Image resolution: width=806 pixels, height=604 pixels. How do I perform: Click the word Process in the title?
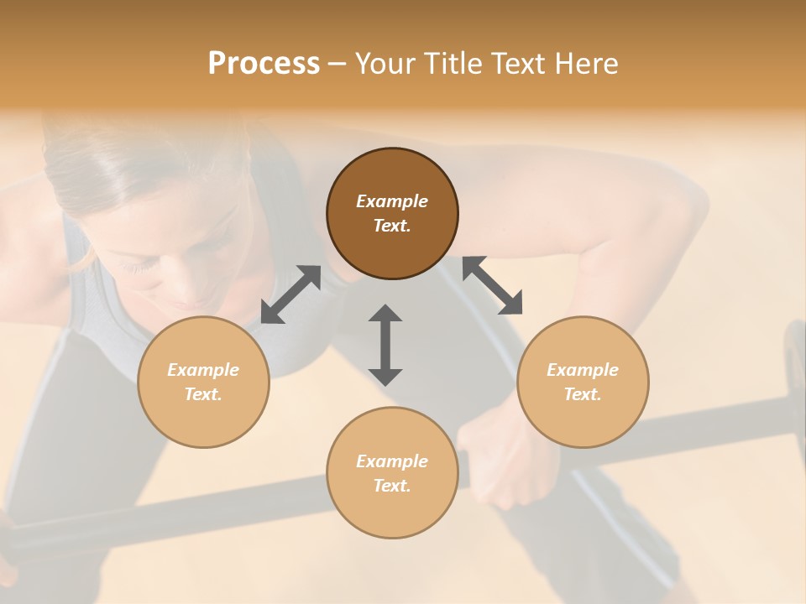[x=264, y=64]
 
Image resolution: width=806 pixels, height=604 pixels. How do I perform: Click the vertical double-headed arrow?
[x=385, y=345]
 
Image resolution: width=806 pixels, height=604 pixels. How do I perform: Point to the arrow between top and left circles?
[x=290, y=294]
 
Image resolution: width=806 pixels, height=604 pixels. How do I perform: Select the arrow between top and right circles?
[x=493, y=285]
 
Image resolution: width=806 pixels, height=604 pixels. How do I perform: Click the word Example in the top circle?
[x=392, y=201]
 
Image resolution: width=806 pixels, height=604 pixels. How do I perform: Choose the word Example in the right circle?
[x=583, y=370]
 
